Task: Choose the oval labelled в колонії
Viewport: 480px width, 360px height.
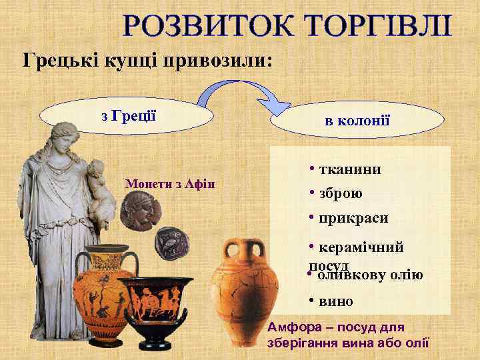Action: pos(357,120)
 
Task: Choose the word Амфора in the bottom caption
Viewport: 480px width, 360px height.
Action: pos(294,327)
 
